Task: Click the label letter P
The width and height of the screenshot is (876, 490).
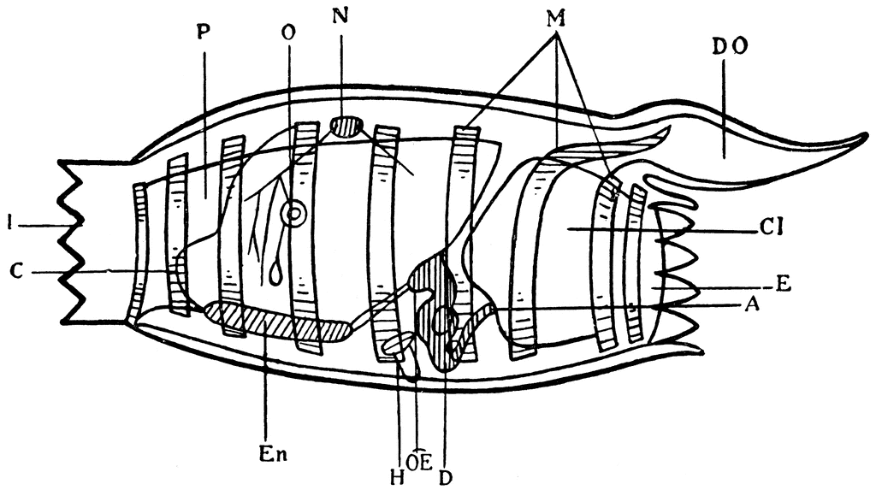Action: coord(204,33)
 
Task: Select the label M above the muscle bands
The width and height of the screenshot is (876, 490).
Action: coord(556,19)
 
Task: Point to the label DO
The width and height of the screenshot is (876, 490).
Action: coord(730,47)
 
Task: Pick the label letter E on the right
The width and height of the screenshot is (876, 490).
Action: coord(784,284)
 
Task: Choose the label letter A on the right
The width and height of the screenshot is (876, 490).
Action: coord(753,304)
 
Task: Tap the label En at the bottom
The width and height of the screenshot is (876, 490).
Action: coord(273,454)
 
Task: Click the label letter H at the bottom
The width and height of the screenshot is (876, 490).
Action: coord(397,478)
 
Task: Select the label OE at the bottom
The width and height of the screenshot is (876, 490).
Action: coord(419,463)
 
